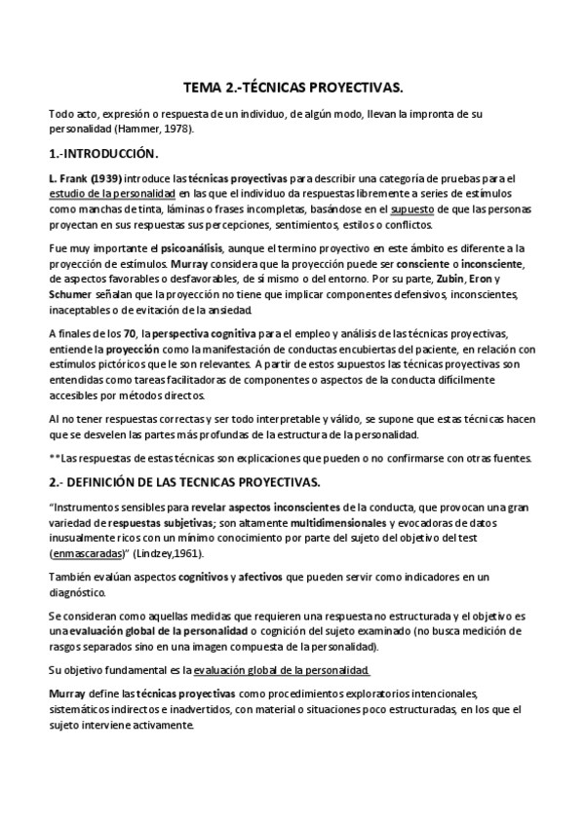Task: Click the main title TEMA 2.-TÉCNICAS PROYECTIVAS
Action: point(293,87)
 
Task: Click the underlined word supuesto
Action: point(412,209)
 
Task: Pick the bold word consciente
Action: point(390,264)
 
